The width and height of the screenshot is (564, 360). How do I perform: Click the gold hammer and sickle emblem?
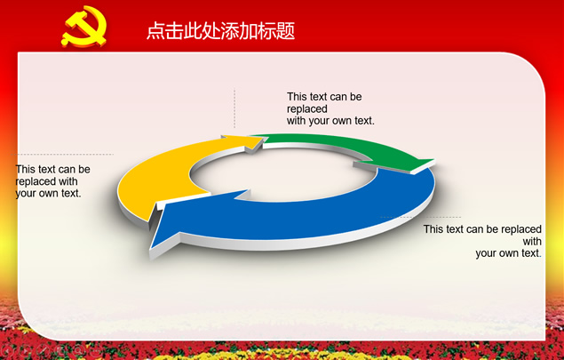(84, 27)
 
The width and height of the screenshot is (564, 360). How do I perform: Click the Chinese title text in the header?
(221, 30)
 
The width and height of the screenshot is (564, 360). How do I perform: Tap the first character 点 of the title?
(155, 30)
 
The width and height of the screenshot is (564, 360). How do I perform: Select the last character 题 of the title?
(286, 30)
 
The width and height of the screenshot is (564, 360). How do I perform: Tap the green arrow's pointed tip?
(434, 160)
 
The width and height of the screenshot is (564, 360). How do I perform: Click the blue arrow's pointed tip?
(151, 248)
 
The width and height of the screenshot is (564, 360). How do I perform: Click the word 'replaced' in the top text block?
(306, 108)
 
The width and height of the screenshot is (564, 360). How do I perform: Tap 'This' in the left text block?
(25, 169)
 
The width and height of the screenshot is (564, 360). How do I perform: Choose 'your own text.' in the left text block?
(48, 193)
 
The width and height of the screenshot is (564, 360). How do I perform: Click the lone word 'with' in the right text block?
(532, 241)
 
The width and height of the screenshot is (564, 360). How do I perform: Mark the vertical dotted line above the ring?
(234, 108)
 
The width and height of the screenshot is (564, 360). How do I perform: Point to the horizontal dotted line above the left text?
(65, 155)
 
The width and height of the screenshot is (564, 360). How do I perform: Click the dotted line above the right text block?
(420, 217)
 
